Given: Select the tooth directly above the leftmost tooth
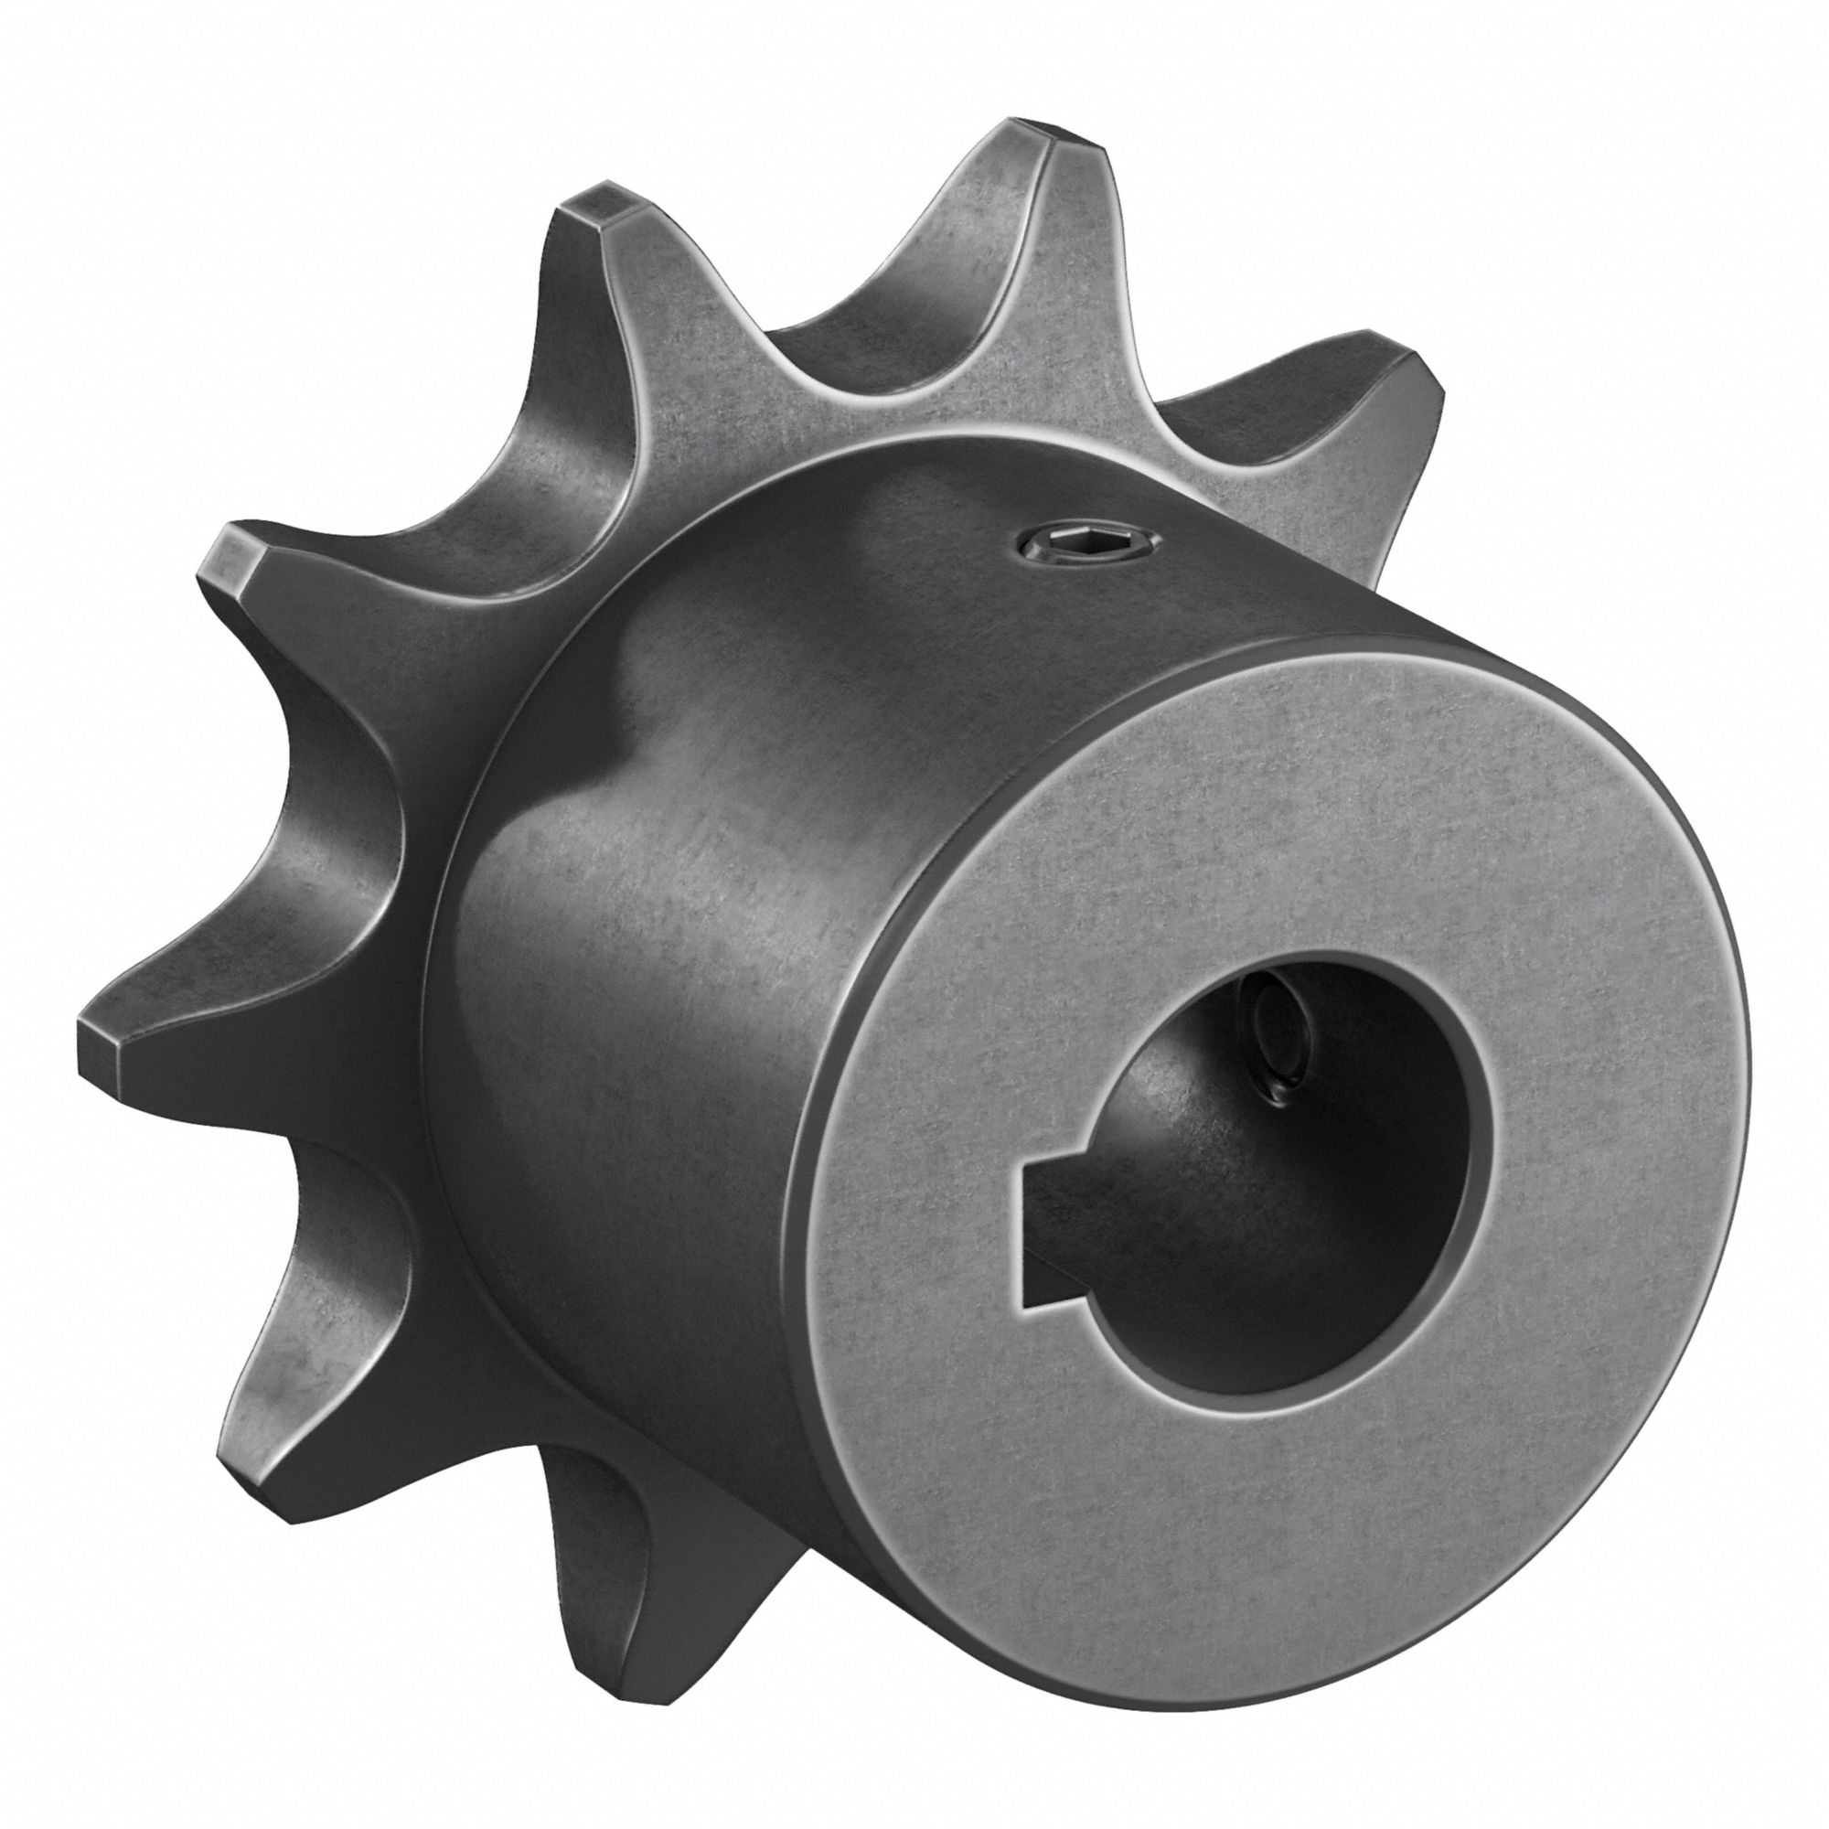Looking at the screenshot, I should coord(237,559).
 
